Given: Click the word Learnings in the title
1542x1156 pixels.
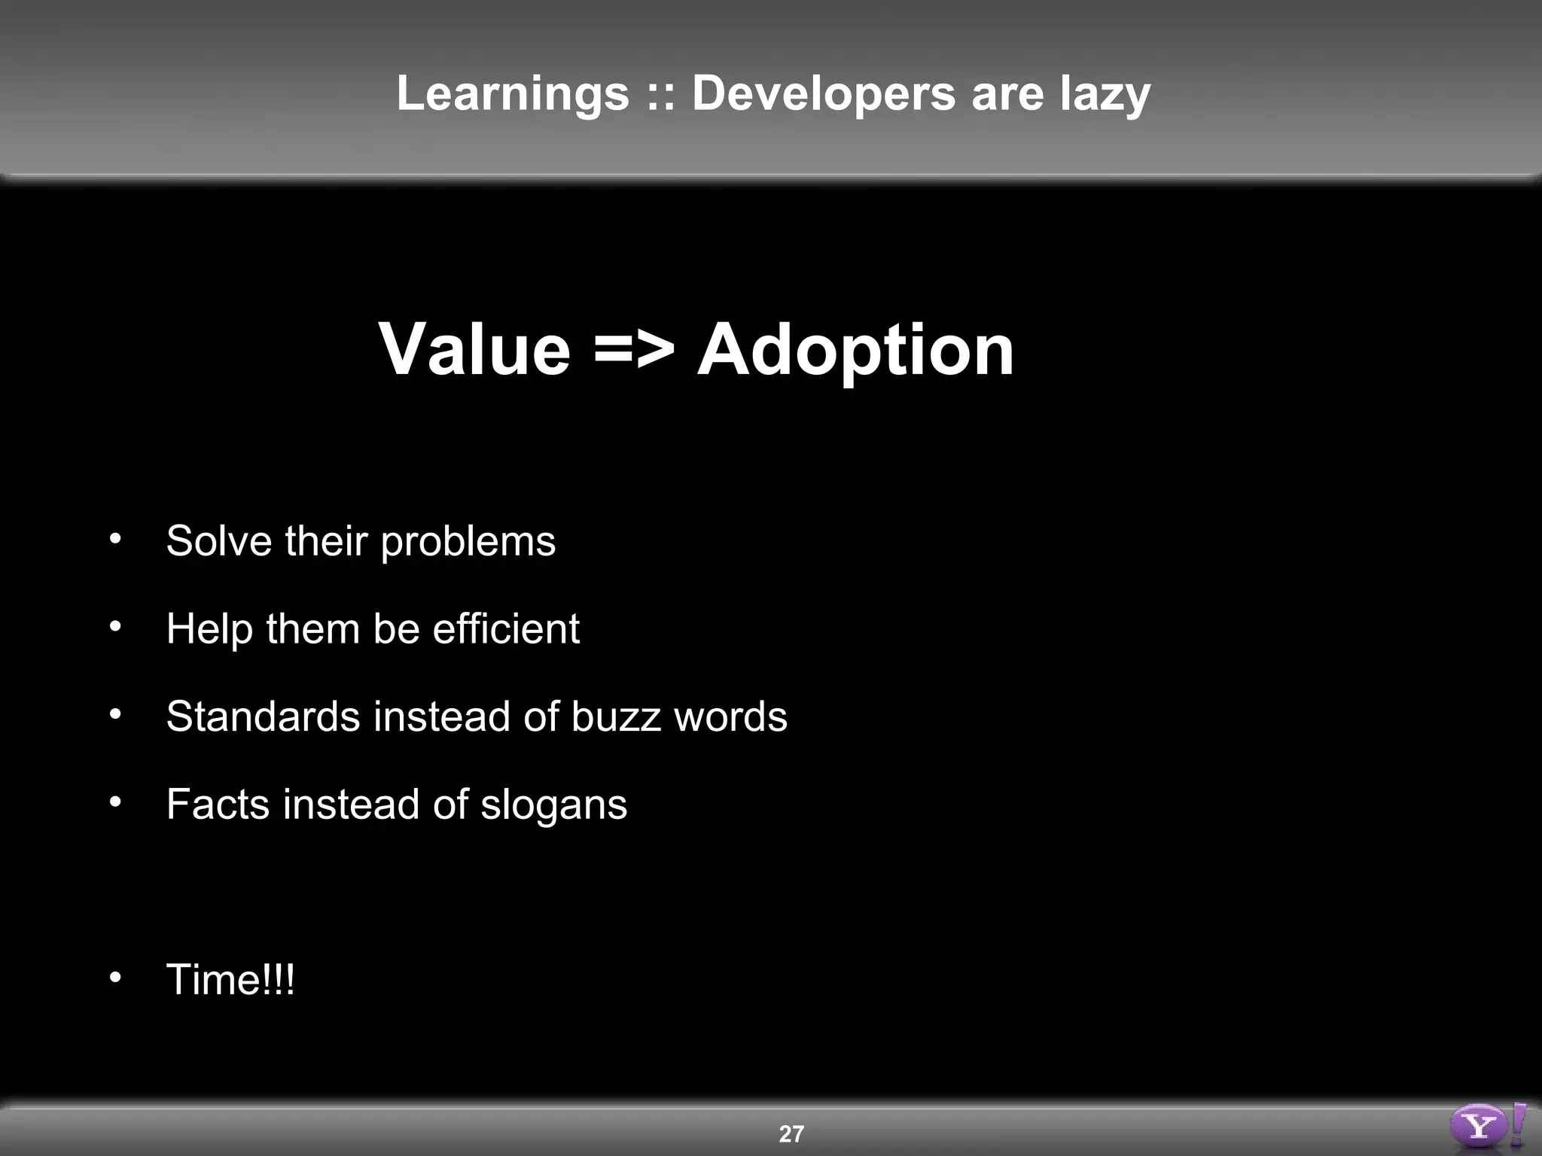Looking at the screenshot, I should click(513, 93).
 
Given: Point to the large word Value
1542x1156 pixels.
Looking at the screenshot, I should click(474, 350).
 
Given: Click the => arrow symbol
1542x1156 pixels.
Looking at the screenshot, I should click(634, 350).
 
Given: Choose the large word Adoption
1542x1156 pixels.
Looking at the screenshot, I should click(855, 350).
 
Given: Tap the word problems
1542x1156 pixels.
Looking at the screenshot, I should click(468, 542).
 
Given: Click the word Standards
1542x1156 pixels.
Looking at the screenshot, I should click(263, 716).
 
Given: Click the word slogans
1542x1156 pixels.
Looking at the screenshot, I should click(553, 805).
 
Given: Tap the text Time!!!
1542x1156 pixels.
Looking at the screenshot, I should click(230, 979).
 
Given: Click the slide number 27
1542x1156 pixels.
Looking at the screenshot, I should click(791, 1133).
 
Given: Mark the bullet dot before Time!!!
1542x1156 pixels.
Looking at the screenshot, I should click(114, 977).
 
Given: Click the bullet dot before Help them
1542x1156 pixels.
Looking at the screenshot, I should click(114, 626).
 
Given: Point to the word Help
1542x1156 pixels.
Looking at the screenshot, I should click(209, 628).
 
